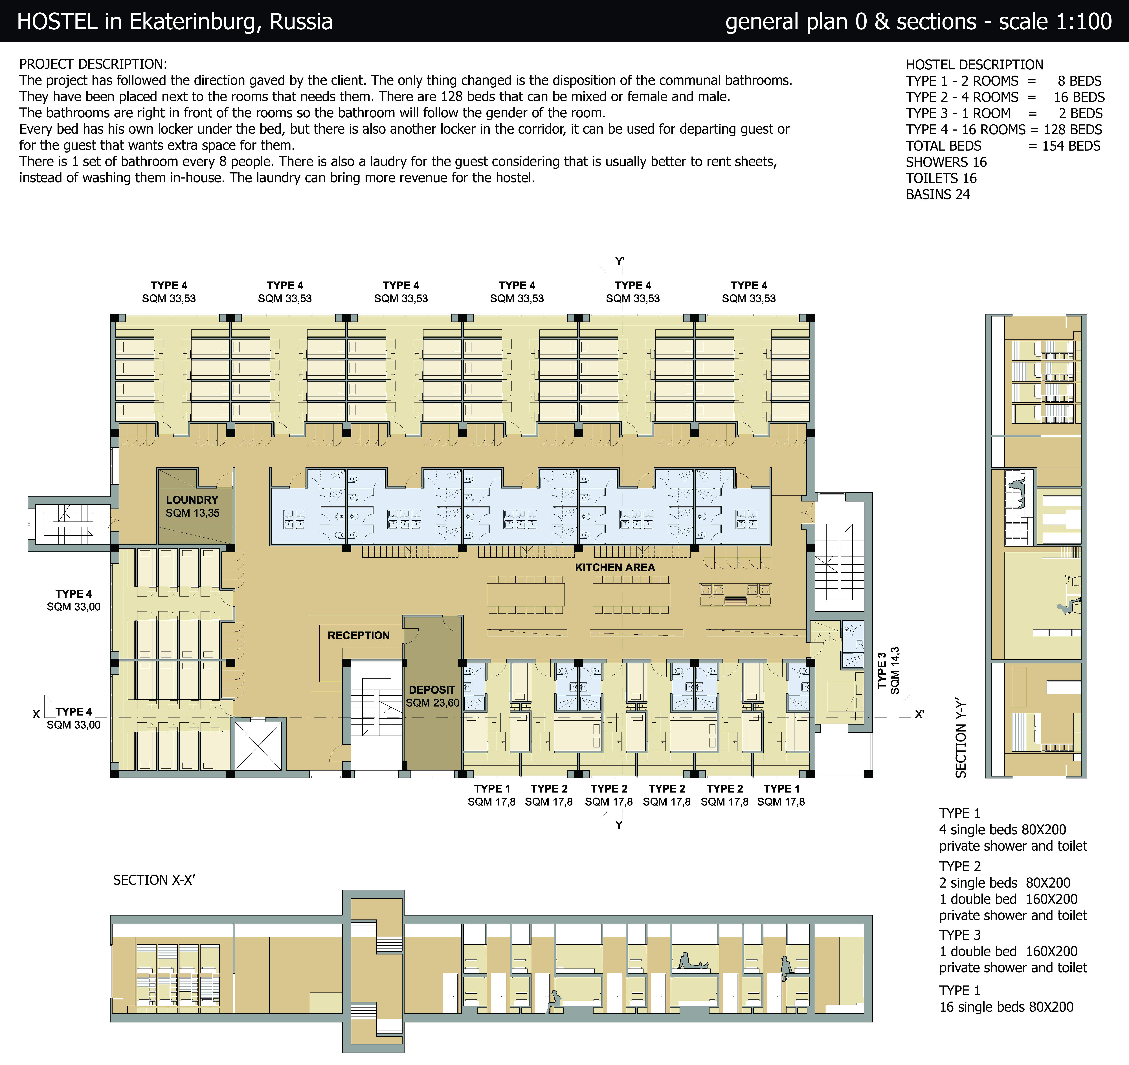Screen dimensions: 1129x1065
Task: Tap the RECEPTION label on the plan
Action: [x=358, y=635]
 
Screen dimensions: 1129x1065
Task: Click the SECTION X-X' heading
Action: [x=154, y=880]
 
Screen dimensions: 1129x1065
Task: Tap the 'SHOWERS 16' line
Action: [x=946, y=162]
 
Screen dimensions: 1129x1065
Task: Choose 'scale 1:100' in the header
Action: [x=1055, y=22]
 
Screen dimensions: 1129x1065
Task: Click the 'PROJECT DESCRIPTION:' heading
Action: [x=93, y=64]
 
